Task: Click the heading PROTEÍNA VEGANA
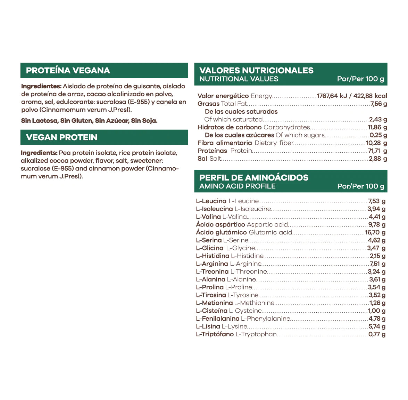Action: tap(68, 71)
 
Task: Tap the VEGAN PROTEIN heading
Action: tap(61, 137)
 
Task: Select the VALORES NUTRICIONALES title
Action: tap(256, 70)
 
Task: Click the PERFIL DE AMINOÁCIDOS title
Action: tap(253, 177)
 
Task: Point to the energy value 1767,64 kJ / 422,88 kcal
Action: tap(352, 96)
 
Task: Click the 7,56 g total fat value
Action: tap(378, 104)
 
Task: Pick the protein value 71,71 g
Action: tap(377, 151)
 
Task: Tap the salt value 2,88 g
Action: tap(378, 159)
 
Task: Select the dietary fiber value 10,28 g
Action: tap(376, 143)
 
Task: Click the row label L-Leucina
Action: tap(211, 201)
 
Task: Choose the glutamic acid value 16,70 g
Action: tap(375, 232)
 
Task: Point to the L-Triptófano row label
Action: tap(215, 334)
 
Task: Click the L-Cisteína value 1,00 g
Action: tap(376, 311)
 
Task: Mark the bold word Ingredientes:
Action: tap(41, 86)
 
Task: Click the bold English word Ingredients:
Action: tap(39, 153)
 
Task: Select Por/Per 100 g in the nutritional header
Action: tap(360, 79)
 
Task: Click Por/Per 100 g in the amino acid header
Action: tap(361, 186)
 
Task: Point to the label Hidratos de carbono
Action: tap(230, 127)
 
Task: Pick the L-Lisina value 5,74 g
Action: tap(377, 327)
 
